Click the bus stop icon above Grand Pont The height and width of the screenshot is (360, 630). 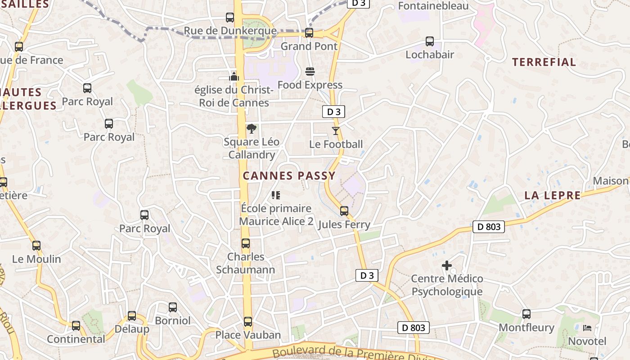pos(309,33)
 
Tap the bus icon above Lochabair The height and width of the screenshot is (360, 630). pos(430,41)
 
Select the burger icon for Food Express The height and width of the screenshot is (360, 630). pos(310,72)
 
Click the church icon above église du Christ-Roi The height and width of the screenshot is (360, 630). pos(234,76)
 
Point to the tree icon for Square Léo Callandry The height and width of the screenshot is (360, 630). pos(252,129)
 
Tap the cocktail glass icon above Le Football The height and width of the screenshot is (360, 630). pos(335,131)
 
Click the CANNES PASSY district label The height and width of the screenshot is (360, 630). pos(289,176)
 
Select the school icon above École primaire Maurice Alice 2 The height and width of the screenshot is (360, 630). pos(276,195)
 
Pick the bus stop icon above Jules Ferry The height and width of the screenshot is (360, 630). pos(344,211)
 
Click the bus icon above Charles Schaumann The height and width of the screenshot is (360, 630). pos(246,243)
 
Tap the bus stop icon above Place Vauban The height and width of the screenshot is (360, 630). pos(248,322)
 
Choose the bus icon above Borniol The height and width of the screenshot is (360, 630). pos(173,307)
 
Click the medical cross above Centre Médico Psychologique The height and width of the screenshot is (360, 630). pos(447,265)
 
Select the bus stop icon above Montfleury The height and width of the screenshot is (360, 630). pos(526,314)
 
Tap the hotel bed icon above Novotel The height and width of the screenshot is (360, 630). pos(587,328)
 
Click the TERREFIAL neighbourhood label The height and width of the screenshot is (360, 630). pos(544,62)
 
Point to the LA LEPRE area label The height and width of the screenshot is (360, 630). pos(553,195)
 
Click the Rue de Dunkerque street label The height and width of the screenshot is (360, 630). pos(230,31)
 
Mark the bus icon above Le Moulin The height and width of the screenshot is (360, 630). pos(36,246)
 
